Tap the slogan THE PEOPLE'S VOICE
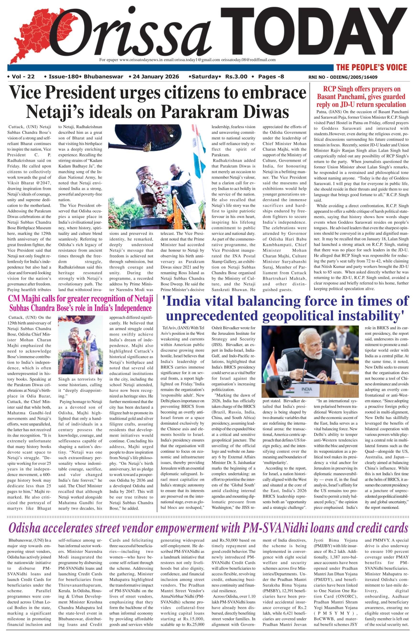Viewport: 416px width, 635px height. (372, 67)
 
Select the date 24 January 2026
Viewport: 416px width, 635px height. (156, 77)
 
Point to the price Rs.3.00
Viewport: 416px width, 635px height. (236, 77)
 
